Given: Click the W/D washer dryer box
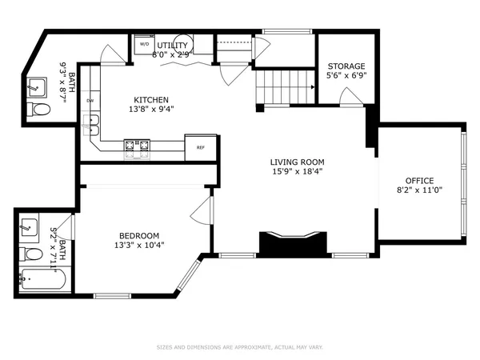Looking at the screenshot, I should coord(144,45).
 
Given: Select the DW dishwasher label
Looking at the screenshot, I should coord(90,101).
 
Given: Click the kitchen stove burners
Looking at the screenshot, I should coord(136,146).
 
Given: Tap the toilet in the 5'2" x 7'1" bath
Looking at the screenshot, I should coord(32,255).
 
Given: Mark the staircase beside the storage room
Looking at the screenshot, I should coord(284,84).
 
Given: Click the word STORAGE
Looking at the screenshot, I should coord(346,66).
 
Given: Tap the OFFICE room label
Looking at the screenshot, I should coord(419,180).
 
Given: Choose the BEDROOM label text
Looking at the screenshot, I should coord(139,235).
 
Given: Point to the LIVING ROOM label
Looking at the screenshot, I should coord(295,161).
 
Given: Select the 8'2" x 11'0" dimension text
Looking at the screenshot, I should coord(419,190).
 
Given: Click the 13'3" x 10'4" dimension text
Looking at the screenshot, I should coord(139,246).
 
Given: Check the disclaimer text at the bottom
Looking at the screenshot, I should coord(239,347).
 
